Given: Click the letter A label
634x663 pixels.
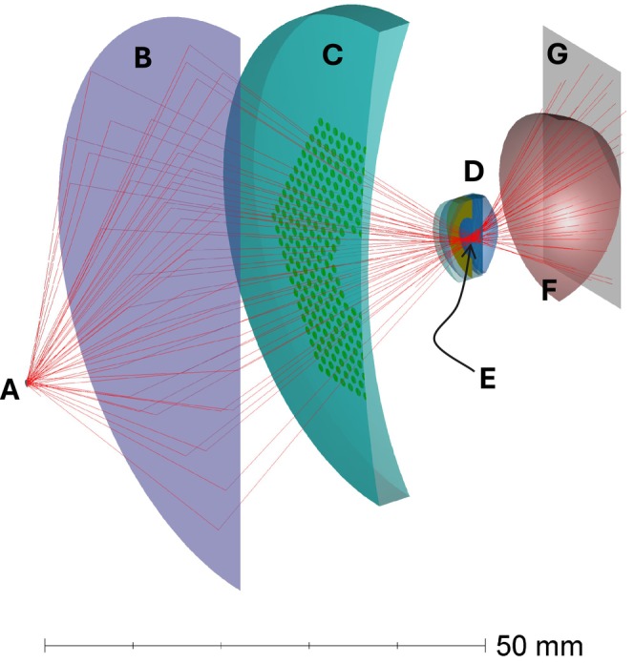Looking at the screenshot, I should tap(10, 389).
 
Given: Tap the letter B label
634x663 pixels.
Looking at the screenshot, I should tap(142, 58).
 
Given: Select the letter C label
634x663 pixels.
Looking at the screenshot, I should tap(331, 54).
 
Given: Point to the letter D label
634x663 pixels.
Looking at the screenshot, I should tap(474, 172).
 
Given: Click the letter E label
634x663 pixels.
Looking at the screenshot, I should tap(488, 378).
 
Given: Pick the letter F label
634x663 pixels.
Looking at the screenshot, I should tap(549, 290).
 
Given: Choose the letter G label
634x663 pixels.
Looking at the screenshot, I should tap(557, 54).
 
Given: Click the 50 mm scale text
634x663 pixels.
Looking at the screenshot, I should tap(539, 645).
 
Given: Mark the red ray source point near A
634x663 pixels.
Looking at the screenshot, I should tap(29, 383).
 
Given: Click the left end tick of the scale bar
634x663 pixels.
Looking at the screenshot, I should tap(45, 646).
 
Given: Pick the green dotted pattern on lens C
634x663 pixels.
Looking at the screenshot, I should tap(320, 248).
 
